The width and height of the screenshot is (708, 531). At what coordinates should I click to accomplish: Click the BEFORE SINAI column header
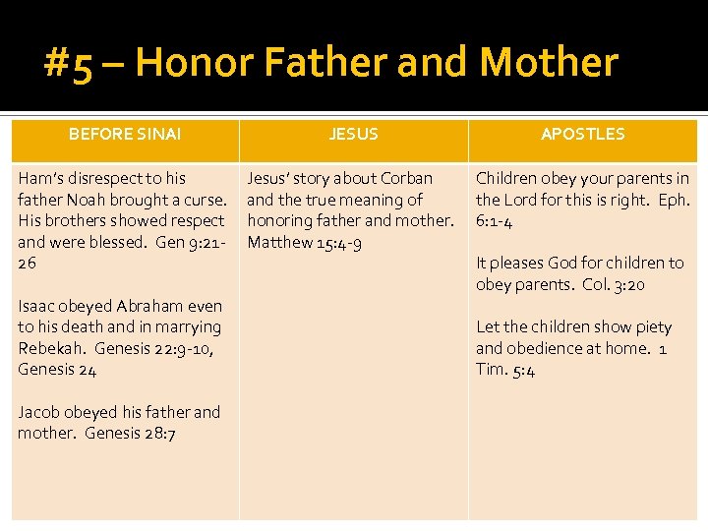pyautogui.click(x=124, y=135)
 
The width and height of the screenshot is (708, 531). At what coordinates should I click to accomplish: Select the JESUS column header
pyautogui.click(x=353, y=135)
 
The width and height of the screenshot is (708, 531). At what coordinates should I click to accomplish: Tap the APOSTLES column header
pyautogui.click(x=582, y=135)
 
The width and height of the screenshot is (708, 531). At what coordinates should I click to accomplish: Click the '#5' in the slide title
pyautogui.click(x=69, y=64)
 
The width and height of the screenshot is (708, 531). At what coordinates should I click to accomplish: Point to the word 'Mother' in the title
pyautogui.click(x=548, y=64)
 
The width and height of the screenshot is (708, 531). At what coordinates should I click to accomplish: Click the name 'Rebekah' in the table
pyautogui.click(x=48, y=348)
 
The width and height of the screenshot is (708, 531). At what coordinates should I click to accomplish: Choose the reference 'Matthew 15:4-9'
pyautogui.click(x=304, y=242)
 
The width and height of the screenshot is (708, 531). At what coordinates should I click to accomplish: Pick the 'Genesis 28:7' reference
pyautogui.click(x=130, y=434)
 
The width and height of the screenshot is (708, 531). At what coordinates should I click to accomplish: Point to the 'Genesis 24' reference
pyautogui.click(x=56, y=370)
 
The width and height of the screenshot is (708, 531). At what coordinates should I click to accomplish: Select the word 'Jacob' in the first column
pyautogui.click(x=39, y=412)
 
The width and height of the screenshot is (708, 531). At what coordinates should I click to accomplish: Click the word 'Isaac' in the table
pyautogui.click(x=37, y=306)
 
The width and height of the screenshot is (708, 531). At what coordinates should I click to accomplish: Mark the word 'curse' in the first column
pyautogui.click(x=205, y=200)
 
